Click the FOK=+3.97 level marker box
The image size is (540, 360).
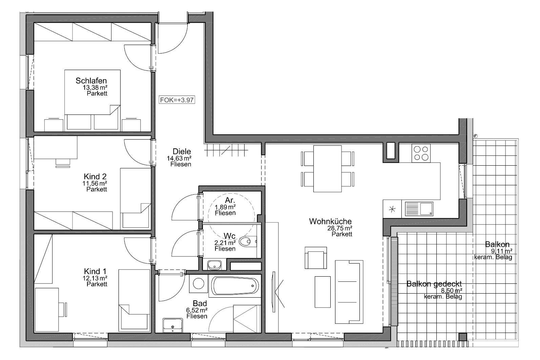177,100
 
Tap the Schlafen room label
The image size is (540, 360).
91,81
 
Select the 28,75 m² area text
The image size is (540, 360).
340,228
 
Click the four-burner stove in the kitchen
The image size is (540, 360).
421,153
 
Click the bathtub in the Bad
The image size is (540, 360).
235,286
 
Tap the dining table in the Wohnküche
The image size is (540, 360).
327,169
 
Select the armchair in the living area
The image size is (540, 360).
316,258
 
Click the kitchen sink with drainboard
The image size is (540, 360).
419,209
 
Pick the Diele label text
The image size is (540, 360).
182,152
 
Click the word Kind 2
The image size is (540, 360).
95,176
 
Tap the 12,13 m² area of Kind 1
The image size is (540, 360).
95,278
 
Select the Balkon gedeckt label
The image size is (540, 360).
434,284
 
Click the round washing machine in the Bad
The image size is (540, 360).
199,283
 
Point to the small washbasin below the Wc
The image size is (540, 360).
214,265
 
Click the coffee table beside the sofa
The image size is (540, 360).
323,292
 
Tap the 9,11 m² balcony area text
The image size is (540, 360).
502,251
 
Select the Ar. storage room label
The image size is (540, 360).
230,200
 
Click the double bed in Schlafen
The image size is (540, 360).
92,100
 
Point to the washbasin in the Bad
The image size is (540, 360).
173,325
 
